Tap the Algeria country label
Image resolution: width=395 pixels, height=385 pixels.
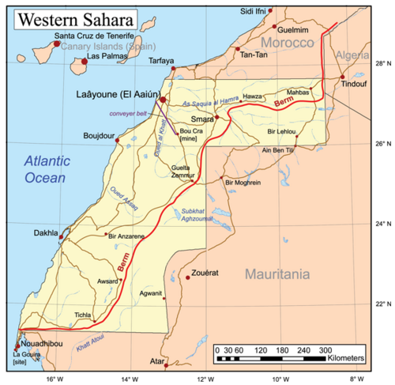click(x=352, y=55)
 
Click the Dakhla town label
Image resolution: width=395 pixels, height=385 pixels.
click(x=46, y=233)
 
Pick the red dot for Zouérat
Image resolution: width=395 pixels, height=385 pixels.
click(x=187, y=277)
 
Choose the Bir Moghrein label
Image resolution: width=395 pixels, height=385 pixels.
click(x=243, y=183)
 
